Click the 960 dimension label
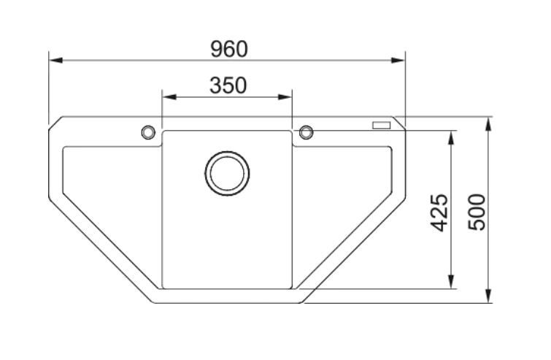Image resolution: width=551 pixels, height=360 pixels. pyautogui.click(x=229, y=49)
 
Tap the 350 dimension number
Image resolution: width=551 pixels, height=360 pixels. pyautogui.click(x=228, y=85)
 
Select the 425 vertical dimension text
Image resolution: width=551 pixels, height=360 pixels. pyautogui.click(x=439, y=212)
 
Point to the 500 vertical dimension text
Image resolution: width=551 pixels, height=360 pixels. pyautogui.click(x=477, y=212)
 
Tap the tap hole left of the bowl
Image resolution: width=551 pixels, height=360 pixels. pyautogui.click(x=148, y=132)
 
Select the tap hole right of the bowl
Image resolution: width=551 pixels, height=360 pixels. pyautogui.click(x=306, y=132)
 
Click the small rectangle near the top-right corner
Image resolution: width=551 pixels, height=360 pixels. pyautogui.click(x=381, y=125)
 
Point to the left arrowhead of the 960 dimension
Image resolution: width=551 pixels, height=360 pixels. pyautogui.click(x=56, y=60)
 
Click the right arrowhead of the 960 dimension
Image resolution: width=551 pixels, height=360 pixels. pyautogui.click(x=398, y=60)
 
